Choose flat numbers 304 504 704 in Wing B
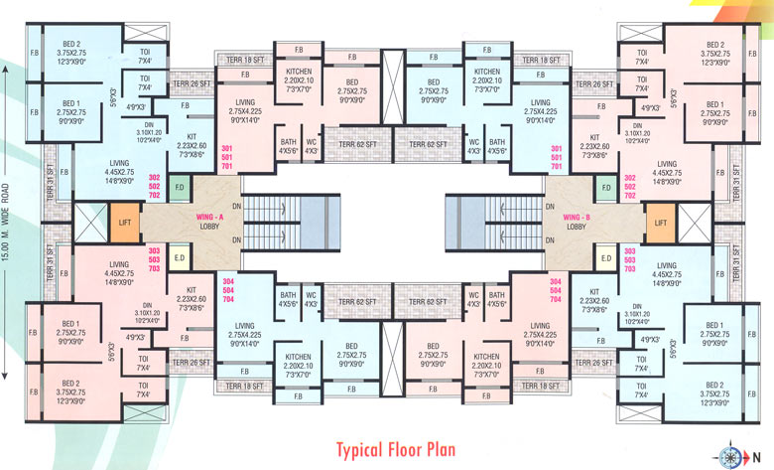click(x=555, y=288)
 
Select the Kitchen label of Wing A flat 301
click(x=300, y=78)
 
